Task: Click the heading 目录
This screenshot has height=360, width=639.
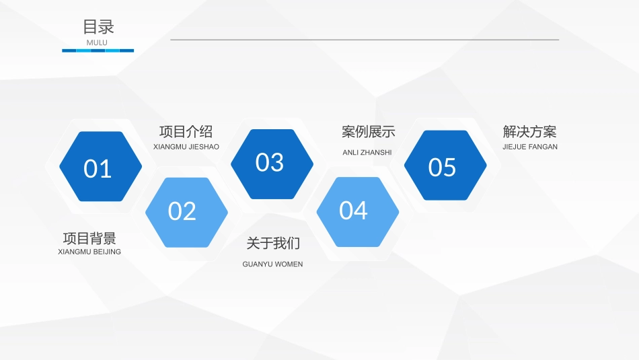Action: (x=98, y=27)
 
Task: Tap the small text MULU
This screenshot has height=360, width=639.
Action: (x=97, y=42)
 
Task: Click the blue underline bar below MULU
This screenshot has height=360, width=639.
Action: (x=98, y=50)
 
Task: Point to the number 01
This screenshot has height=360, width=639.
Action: (x=98, y=169)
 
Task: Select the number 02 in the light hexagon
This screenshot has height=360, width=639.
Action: (x=182, y=211)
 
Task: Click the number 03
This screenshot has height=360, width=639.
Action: (x=270, y=162)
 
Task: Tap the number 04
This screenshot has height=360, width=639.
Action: (x=353, y=211)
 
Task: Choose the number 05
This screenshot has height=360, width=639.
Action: (x=442, y=167)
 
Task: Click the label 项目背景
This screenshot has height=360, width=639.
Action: (x=89, y=238)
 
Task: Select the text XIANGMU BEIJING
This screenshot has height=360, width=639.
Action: (x=89, y=252)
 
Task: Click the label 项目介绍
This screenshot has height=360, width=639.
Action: (x=186, y=131)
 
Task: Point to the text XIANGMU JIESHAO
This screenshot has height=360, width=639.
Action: (x=186, y=147)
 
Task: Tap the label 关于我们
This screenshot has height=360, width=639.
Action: (x=273, y=243)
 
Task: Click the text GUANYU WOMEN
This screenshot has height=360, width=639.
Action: (x=272, y=264)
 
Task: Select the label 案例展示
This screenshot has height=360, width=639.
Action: (x=368, y=132)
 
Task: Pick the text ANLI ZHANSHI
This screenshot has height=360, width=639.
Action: (x=367, y=152)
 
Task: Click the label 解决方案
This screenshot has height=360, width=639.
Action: (x=529, y=132)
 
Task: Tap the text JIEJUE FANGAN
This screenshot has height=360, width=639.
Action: (x=529, y=147)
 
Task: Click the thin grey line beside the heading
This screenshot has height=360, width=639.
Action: (x=364, y=40)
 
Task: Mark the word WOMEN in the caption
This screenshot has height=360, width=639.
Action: (x=289, y=264)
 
